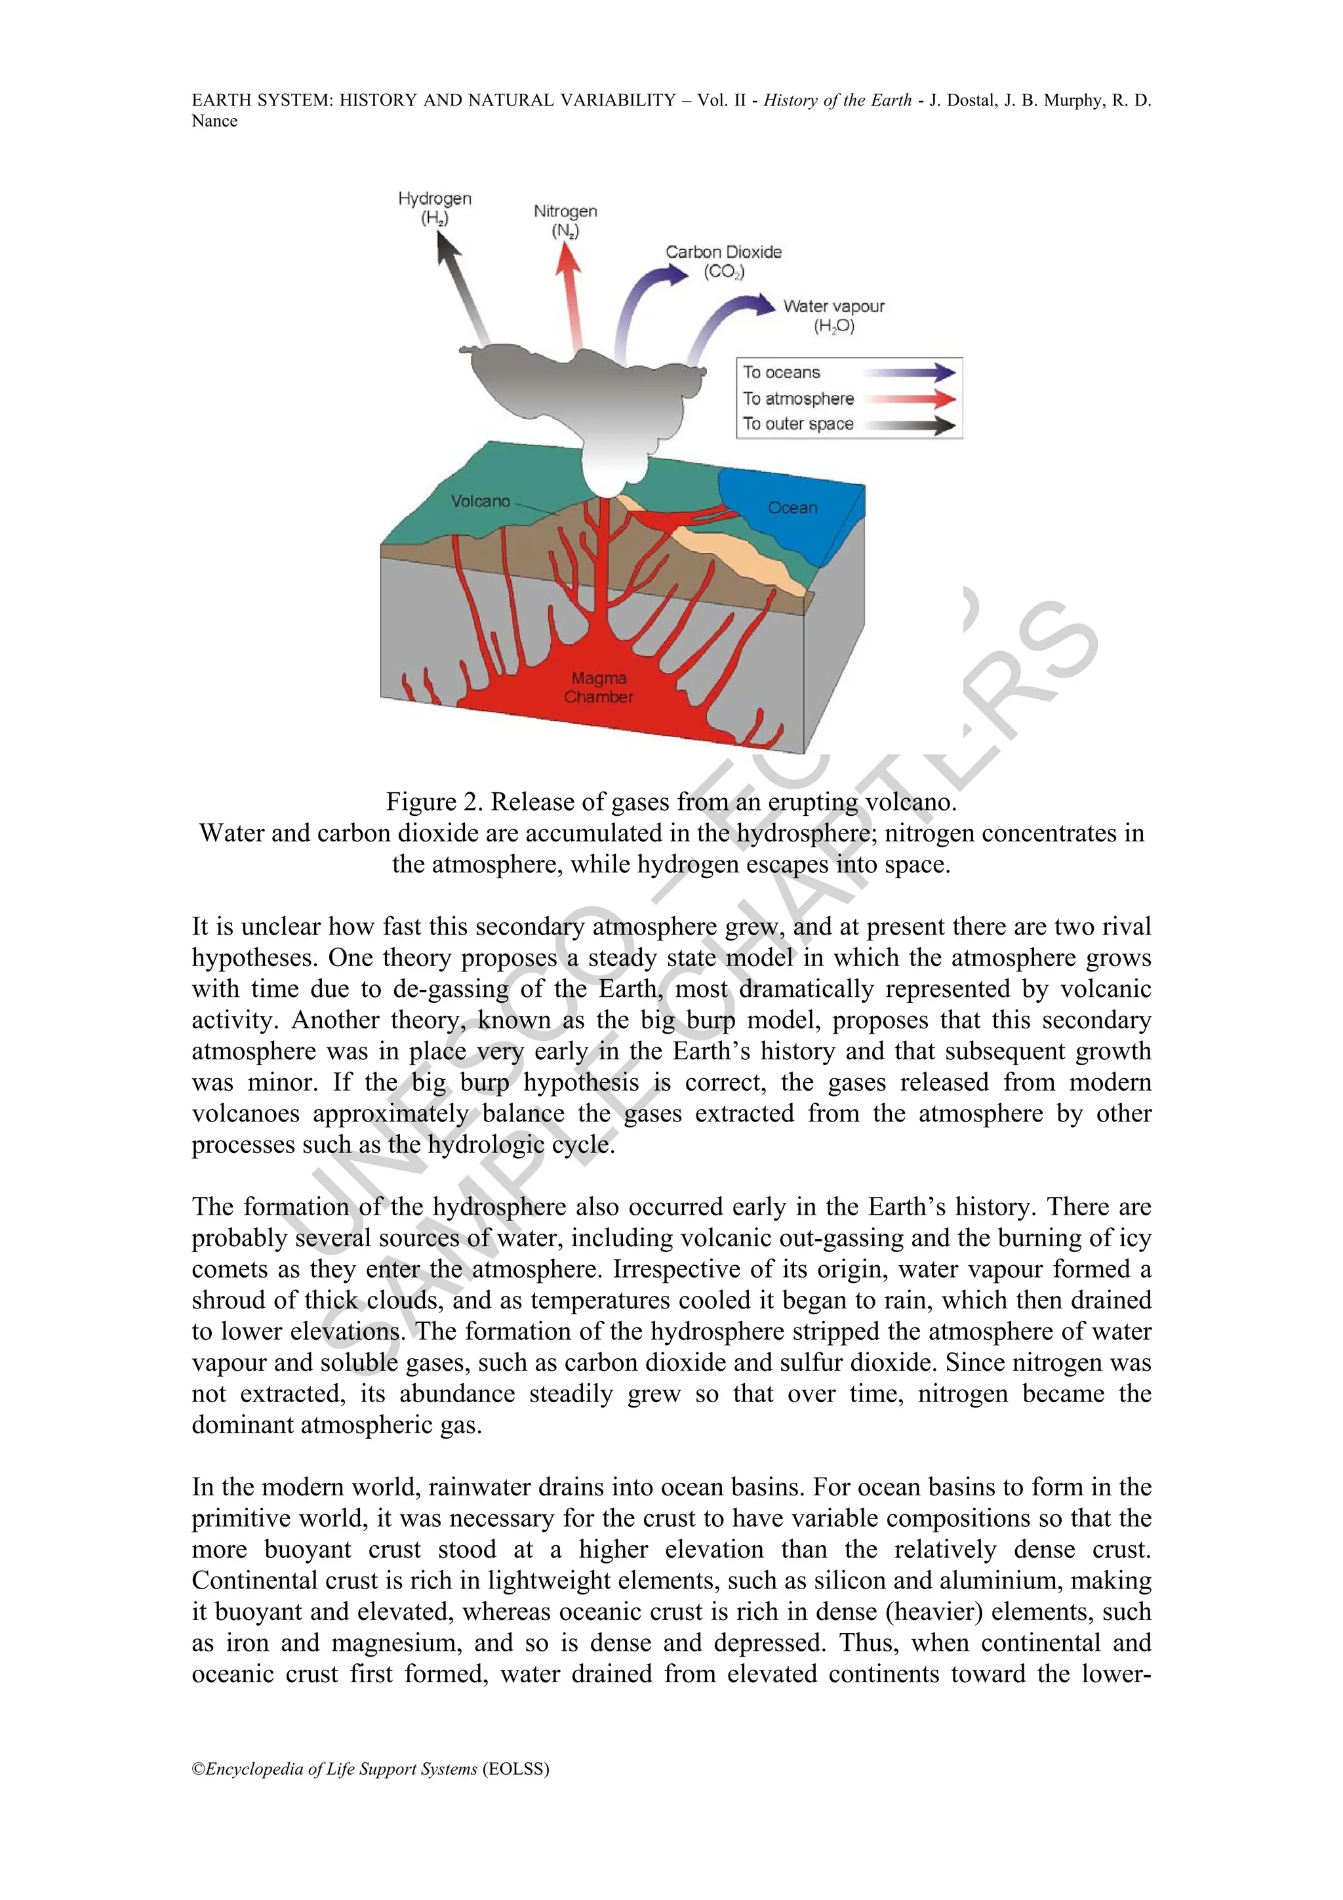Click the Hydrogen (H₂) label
point(434,208)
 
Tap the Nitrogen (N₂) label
point(565,221)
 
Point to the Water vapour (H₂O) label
point(833,315)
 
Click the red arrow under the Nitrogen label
point(572,298)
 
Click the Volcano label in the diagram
point(480,500)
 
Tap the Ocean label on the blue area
point(792,507)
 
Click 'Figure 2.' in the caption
point(434,802)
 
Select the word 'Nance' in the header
point(214,121)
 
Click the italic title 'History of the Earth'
point(837,100)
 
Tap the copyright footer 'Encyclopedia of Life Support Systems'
point(342,1768)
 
